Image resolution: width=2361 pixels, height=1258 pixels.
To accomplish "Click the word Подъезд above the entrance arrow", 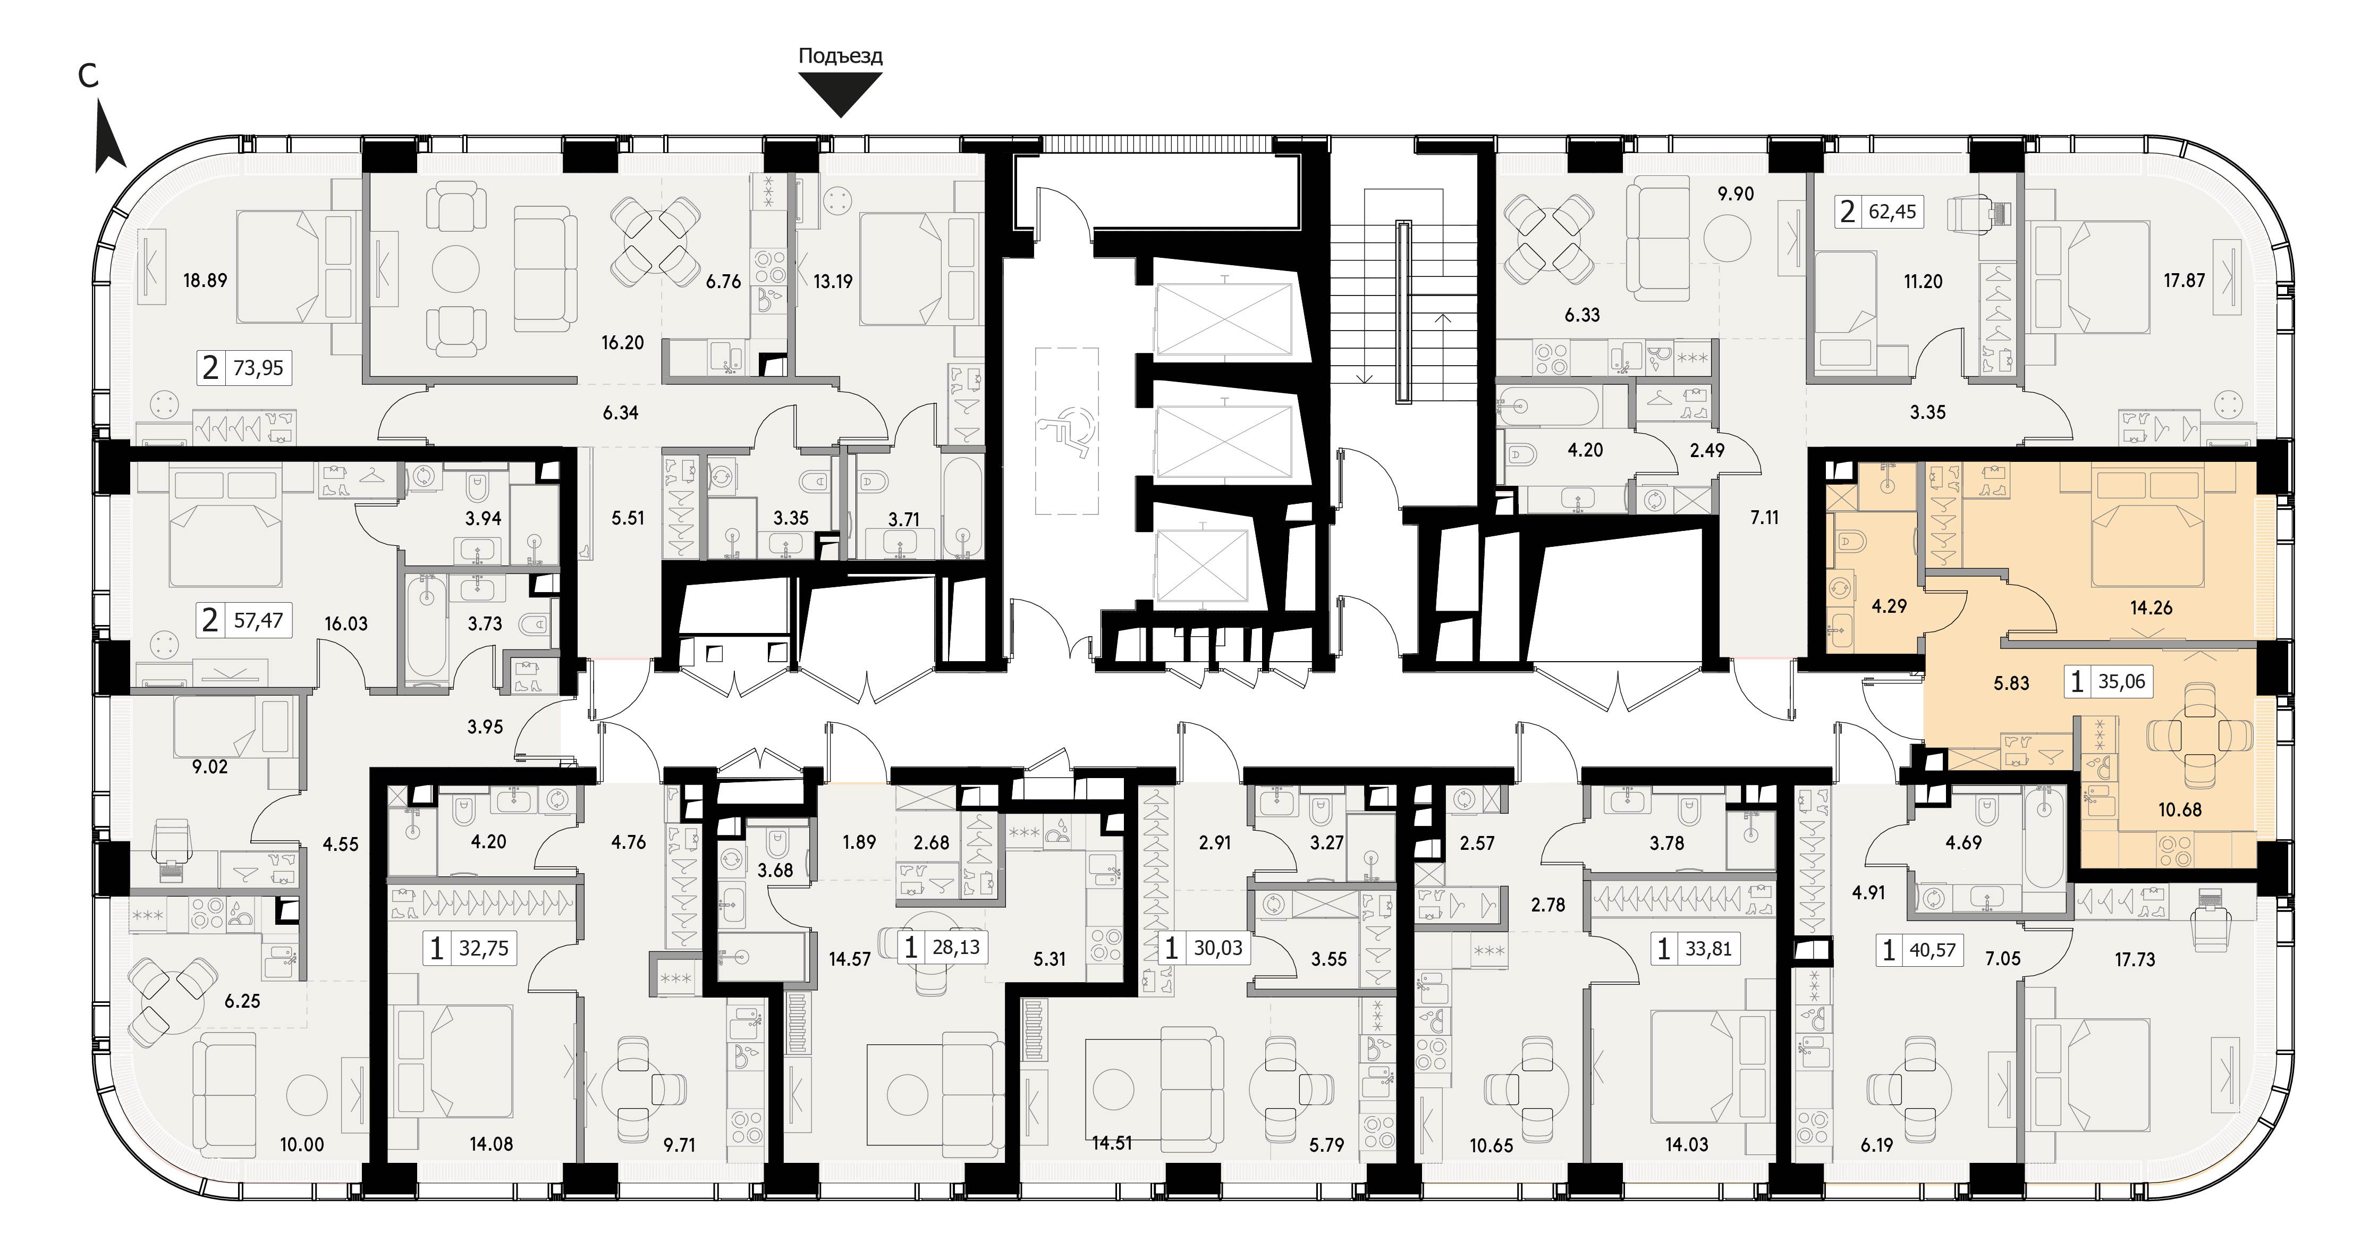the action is click(841, 56).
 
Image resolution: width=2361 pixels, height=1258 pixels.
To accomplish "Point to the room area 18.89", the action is click(205, 281).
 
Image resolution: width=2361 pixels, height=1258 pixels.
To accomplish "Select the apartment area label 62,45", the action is click(1893, 212).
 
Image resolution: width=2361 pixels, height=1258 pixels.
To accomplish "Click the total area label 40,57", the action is click(1932, 951).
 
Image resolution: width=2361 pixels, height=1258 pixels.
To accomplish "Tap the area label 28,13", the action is click(956, 947).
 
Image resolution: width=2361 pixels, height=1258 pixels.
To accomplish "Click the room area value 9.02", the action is click(210, 766).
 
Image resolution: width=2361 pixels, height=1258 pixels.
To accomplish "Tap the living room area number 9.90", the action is click(1736, 195).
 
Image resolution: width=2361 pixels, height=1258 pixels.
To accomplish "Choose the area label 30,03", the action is click(1218, 948).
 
